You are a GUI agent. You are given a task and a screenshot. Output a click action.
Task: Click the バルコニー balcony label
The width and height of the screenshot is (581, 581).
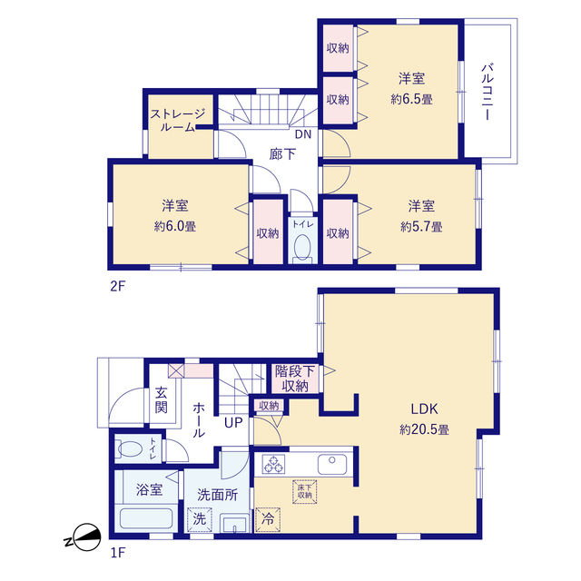487,92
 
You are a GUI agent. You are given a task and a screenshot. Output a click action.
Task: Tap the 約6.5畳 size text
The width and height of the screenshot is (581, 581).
411,99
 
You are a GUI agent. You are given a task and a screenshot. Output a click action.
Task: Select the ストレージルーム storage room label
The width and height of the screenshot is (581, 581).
178,120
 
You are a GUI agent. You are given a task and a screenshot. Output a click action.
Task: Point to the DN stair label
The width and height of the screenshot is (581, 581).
303,134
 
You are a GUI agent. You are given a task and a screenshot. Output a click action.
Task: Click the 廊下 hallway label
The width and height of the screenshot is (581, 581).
282,153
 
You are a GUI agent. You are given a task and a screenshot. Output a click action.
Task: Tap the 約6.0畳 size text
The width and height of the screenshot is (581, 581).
175,226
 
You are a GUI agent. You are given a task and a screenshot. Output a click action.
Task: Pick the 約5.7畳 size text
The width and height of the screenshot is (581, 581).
421,226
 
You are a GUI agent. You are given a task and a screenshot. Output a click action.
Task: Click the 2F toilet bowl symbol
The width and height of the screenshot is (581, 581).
302,247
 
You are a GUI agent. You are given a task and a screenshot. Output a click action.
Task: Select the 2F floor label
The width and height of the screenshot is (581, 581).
118,286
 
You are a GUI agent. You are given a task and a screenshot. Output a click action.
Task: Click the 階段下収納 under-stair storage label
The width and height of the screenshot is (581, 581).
295,379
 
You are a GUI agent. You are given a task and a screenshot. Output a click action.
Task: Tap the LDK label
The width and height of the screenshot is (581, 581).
424,409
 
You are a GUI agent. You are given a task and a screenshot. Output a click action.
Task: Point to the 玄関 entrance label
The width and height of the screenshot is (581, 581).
162,399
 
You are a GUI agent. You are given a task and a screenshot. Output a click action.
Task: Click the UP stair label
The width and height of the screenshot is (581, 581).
233,422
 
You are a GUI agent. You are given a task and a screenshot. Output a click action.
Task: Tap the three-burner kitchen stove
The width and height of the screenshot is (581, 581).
273,464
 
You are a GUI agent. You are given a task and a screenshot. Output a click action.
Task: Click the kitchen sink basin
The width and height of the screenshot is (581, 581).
332,464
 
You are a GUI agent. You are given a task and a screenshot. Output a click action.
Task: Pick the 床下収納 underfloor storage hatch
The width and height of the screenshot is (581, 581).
305,492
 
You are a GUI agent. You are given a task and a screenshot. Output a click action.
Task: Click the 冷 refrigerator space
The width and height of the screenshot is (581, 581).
268,519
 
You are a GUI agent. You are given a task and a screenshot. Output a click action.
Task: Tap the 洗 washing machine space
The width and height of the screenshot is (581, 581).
200,519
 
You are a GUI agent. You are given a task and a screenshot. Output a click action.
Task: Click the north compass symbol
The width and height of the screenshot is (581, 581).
84,537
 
